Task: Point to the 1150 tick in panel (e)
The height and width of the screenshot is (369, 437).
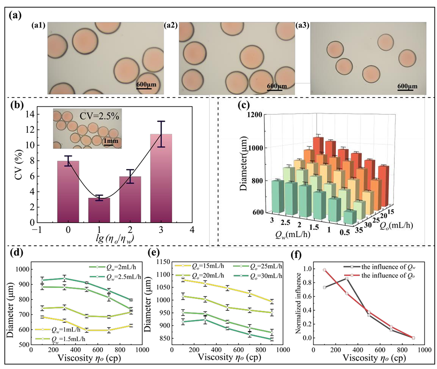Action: [x=161, y=262]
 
